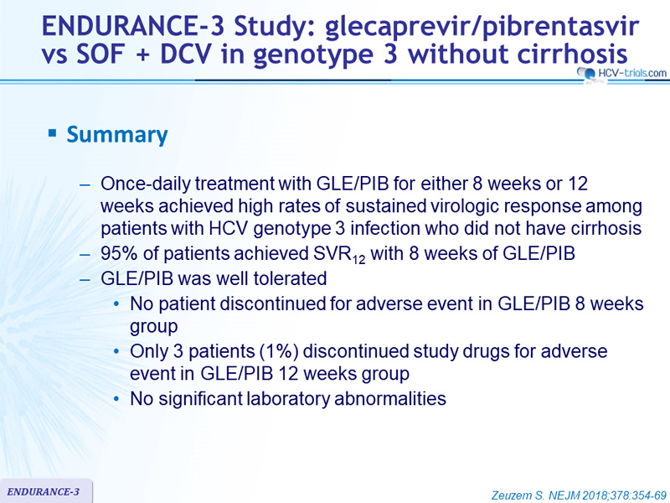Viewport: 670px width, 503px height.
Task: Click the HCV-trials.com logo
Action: [622, 73]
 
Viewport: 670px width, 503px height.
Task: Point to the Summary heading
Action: [117, 134]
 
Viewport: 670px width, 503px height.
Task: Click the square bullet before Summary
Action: [52, 133]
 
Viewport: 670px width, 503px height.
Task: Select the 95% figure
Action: [119, 253]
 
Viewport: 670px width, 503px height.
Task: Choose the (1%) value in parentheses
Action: [277, 351]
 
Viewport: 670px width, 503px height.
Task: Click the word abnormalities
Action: [390, 399]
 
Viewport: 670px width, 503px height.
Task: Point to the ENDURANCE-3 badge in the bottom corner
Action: [46, 491]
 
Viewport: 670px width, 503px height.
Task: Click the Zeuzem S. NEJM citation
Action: [579, 495]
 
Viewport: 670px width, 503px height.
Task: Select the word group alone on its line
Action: [154, 327]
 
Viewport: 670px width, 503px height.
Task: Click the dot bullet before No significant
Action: [116, 399]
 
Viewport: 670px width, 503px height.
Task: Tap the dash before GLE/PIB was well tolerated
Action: [85, 279]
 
